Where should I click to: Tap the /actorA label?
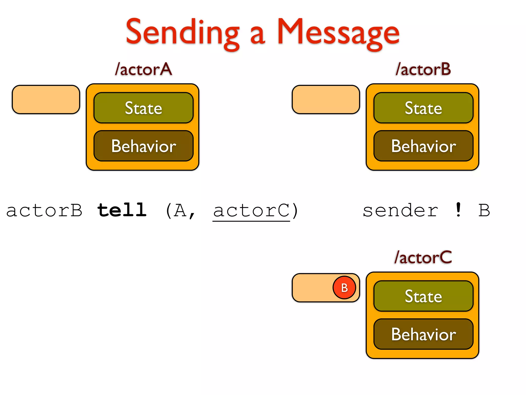pos(143,69)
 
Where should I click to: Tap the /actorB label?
pos(423,69)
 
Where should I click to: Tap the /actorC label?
pos(423,257)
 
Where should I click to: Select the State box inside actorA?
pos(143,108)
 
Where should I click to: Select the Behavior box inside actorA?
pos(143,146)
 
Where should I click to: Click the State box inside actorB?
pos(423,108)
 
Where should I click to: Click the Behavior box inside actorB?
pos(423,146)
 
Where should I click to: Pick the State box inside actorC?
pos(423,296)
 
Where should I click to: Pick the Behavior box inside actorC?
pos(423,334)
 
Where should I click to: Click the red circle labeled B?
pos(344,288)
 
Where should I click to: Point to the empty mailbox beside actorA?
pos(46,100)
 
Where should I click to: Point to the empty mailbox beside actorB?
pos(326,100)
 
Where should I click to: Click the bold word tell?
pos(122,210)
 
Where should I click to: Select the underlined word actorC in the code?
pos(251,211)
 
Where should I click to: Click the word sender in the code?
pos(400,211)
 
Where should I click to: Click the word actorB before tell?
pos(44,211)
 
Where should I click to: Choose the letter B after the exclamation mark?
pos(484,211)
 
